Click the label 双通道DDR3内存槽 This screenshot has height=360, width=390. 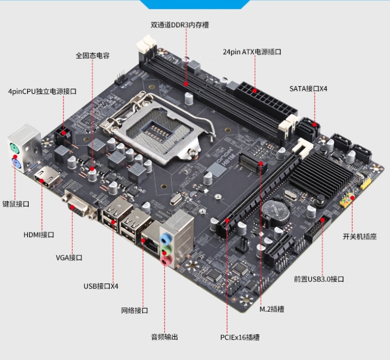180,25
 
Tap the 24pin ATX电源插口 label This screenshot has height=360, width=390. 252,52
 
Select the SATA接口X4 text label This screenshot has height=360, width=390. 308,89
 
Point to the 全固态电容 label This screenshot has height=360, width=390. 92,55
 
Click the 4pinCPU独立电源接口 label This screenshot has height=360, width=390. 43,91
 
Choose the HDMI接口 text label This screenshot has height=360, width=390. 39,235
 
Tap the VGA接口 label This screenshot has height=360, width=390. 69,258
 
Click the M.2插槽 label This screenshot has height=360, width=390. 272,309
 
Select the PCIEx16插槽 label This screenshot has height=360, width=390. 240,337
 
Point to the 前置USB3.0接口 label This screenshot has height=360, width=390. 319,279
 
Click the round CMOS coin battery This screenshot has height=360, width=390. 276,212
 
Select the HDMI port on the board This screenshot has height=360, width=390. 47,177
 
